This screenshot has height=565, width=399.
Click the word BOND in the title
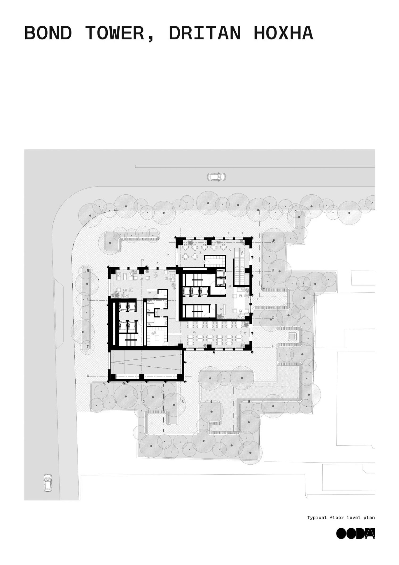click(48, 33)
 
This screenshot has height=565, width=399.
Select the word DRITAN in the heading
click(205, 33)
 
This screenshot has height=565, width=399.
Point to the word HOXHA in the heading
click(283, 33)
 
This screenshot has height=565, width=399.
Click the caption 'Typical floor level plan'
click(341, 518)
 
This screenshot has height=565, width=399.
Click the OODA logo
click(356, 533)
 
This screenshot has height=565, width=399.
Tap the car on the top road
click(216, 177)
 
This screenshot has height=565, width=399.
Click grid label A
click(273, 241)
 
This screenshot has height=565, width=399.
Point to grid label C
click(88, 299)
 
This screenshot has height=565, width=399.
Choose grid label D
click(273, 317)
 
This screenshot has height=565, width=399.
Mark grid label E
click(88, 375)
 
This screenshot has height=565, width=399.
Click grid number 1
click(115, 402)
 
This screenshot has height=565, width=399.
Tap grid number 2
click(144, 402)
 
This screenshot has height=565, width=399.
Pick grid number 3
click(182, 402)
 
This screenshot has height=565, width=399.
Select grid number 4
click(211, 402)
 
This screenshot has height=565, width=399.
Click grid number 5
click(249, 402)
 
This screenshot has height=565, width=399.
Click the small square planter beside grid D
click(292, 337)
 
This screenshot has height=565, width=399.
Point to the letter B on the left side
click(88, 271)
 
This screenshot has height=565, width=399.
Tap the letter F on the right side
click(273, 346)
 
